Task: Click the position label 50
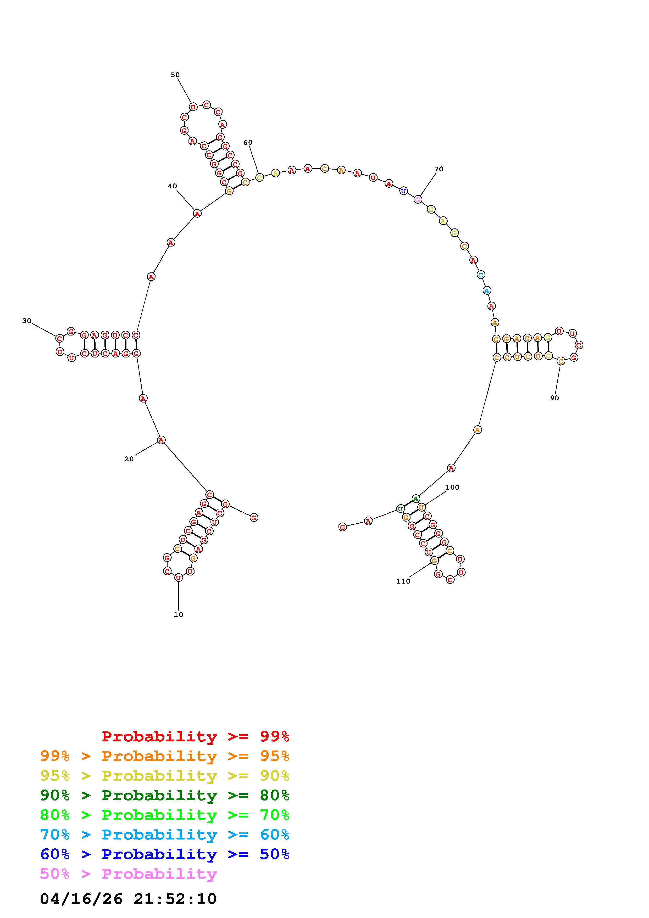pyautogui.click(x=175, y=75)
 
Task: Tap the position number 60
pyautogui.click(x=248, y=142)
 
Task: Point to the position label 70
pyautogui.click(x=439, y=169)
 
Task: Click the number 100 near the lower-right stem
pyautogui.click(x=452, y=487)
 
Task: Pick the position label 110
pyautogui.click(x=403, y=581)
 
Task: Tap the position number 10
pyautogui.click(x=178, y=614)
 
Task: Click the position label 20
pyautogui.click(x=129, y=459)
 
